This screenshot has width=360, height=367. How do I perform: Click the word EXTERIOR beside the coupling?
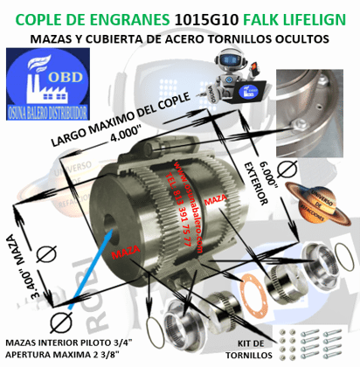point(256,184)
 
